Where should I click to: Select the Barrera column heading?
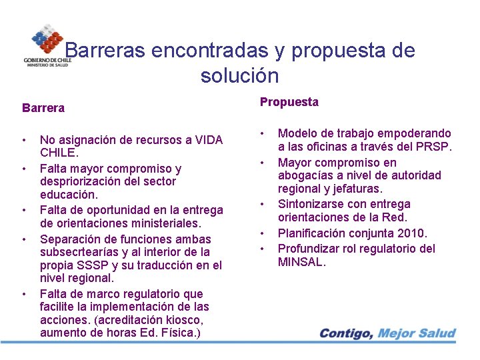43,107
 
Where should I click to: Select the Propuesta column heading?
289,102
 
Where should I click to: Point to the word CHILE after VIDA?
59,153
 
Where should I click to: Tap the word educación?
69,195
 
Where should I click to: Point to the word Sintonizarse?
311,204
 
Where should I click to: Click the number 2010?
411,233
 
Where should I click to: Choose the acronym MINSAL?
301,262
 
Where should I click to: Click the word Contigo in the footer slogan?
345,333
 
